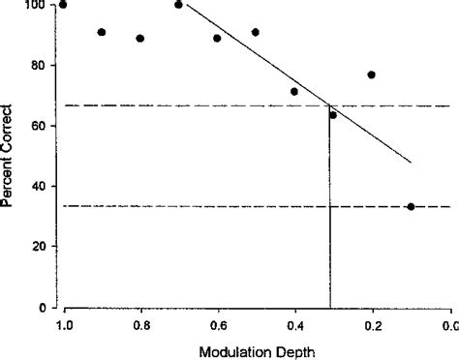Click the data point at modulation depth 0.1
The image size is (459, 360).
click(x=411, y=206)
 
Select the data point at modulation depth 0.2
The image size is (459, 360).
click(x=372, y=75)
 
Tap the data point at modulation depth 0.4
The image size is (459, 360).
click(x=294, y=92)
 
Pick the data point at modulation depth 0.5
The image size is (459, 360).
click(x=256, y=32)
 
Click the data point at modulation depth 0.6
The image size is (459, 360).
click(x=217, y=38)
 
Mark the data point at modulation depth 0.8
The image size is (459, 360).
click(x=140, y=38)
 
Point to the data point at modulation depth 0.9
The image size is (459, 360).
click(x=102, y=32)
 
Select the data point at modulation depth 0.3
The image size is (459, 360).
click(x=333, y=115)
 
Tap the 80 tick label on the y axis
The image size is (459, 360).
click(x=41, y=66)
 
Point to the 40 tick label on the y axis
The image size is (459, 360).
click(x=41, y=187)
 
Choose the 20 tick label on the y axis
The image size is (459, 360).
click(x=41, y=247)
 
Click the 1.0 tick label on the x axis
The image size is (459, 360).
click(x=64, y=324)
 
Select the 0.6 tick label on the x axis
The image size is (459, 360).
click(x=218, y=324)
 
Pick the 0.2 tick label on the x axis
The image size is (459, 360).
click(x=373, y=324)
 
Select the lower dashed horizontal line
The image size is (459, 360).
click(x=194, y=206)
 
